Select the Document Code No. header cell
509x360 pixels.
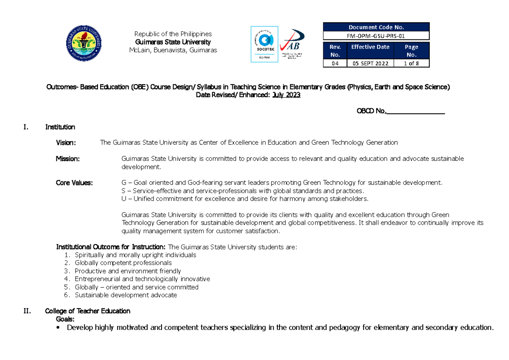[x=376, y=27]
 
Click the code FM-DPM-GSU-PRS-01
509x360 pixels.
[x=376, y=36]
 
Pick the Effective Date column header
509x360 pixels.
[x=370, y=47]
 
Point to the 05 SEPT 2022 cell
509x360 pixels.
[x=370, y=63]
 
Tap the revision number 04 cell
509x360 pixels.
[x=335, y=63]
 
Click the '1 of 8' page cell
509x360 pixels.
[x=411, y=63]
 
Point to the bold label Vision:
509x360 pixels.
[x=66, y=143]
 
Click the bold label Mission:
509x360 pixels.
[x=67, y=159]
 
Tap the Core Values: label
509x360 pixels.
[x=74, y=183]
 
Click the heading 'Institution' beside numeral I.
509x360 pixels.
[x=60, y=127]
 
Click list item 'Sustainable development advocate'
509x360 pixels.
[x=126, y=295]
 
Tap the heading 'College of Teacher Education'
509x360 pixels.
[x=87, y=311]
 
